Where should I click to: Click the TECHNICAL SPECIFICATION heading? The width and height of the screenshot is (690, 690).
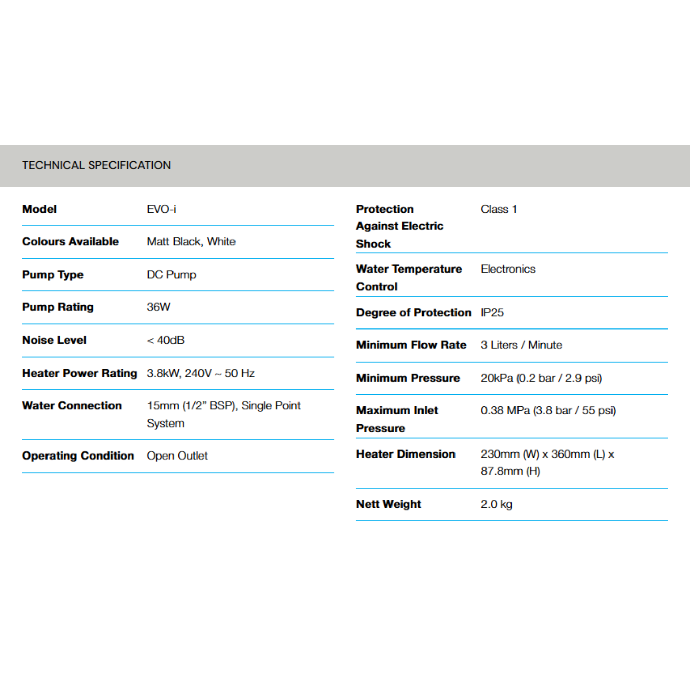click(96, 165)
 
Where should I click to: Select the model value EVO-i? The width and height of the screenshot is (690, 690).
click(161, 209)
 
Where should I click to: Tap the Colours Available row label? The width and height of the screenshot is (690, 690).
click(70, 242)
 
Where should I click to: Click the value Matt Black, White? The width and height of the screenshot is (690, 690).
click(191, 242)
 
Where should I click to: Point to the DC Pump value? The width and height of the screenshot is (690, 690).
click(171, 274)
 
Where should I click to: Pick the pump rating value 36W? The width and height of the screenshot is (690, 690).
click(159, 307)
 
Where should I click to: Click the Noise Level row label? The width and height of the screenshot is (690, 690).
click(54, 340)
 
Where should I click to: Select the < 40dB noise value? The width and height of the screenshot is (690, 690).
click(166, 340)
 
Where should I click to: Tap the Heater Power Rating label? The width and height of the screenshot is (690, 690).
click(80, 373)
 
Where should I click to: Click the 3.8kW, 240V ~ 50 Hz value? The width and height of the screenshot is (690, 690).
click(201, 373)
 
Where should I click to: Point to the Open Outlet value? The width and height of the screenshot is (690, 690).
click(177, 456)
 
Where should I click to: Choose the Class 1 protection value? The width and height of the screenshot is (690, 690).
click(499, 209)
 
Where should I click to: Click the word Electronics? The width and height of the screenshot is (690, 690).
click(508, 269)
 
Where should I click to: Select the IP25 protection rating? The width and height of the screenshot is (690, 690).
click(492, 313)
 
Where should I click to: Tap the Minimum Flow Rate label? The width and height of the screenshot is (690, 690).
click(411, 345)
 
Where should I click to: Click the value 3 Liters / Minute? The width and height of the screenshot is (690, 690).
click(522, 345)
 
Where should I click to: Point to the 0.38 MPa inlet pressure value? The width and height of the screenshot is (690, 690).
click(548, 410)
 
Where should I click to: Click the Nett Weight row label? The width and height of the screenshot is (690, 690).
click(388, 504)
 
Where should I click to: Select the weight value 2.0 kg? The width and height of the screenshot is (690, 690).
click(496, 504)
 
